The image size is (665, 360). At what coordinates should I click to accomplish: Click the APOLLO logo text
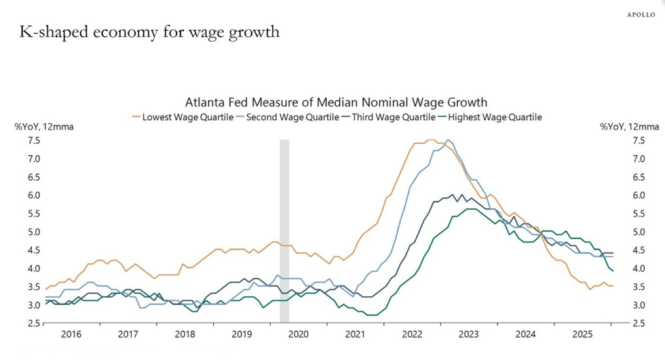(x=640, y=14)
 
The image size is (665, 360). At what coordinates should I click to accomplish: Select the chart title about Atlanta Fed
(x=336, y=102)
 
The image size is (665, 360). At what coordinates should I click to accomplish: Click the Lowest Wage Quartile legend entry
(x=182, y=117)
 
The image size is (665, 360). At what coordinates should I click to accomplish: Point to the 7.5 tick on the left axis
(x=34, y=140)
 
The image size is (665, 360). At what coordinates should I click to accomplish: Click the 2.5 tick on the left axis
(x=34, y=323)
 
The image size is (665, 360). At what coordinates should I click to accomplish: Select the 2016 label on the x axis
(x=71, y=334)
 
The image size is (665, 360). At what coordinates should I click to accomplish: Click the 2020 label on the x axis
(x=298, y=334)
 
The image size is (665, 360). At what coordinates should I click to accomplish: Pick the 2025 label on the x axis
(x=583, y=334)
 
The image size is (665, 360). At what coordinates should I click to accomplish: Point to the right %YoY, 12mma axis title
(x=629, y=127)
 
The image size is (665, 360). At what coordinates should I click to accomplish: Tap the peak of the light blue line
(x=448, y=140)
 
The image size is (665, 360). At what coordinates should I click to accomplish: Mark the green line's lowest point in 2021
(x=372, y=315)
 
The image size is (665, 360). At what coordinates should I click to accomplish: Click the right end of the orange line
(x=613, y=286)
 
